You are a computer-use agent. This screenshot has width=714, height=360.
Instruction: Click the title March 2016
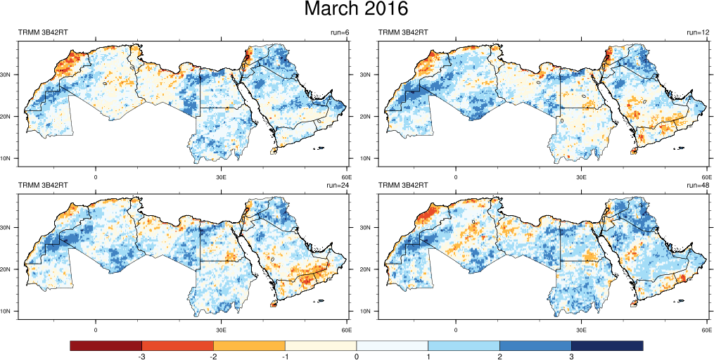(x=356, y=10)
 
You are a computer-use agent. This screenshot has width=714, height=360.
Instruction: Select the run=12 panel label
(x=698, y=32)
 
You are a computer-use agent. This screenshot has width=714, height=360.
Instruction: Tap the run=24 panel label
(x=338, y=186)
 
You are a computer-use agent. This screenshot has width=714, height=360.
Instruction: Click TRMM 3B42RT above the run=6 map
(x=43, y=32)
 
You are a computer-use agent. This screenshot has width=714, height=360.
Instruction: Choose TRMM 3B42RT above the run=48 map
(x=404, y=186)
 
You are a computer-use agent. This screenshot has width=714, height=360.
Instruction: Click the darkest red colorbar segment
(x=106, y=345)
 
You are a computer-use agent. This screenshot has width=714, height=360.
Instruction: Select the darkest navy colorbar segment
(x=607, y=345)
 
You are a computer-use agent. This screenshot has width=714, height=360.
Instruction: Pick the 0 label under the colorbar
(x=357, y=356)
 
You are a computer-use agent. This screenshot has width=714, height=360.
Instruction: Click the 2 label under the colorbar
(x=499, y=356)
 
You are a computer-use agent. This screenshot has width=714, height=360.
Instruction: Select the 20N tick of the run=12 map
(x=368, y=116)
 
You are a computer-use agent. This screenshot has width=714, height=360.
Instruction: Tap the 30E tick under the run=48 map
(x=581, y=329)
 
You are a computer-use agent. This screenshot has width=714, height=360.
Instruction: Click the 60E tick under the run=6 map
(x=345, y=176)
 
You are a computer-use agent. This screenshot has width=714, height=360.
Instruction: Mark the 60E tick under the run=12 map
(x=706, y=176)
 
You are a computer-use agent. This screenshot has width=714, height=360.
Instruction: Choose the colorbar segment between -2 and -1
(x=249, y=345)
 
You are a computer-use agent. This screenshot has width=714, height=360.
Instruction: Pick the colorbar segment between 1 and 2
(x=464, y=345)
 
